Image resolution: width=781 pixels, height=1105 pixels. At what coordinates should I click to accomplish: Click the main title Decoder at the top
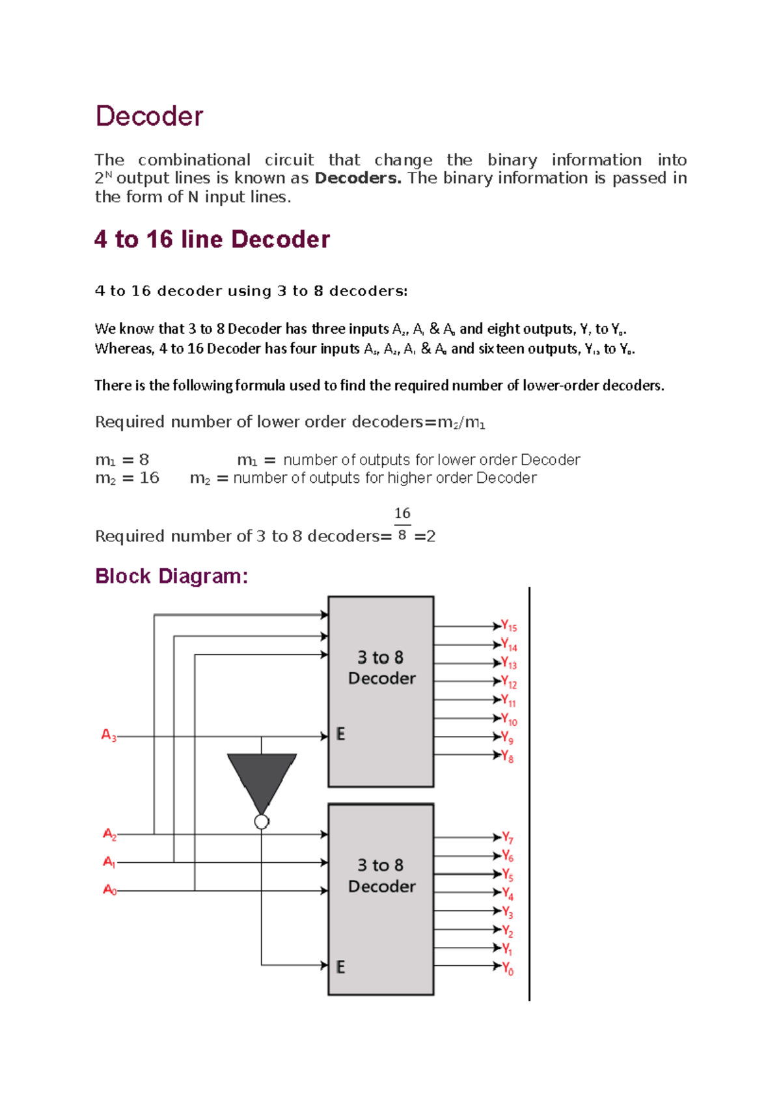(149, 116)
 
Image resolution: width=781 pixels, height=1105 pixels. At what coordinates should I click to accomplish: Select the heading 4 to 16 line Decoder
(212, 239)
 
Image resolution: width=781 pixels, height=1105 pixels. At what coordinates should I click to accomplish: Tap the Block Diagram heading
(171, 576)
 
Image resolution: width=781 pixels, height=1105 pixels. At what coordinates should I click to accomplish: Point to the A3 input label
(109, 735)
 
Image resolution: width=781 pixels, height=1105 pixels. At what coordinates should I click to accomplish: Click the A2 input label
(109, 834)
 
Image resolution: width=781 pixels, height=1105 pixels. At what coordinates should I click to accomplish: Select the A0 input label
(109, 890)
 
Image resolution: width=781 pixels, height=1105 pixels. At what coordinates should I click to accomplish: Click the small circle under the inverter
(262, 822)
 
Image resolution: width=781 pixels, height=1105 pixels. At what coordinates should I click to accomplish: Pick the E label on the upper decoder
(340, 734)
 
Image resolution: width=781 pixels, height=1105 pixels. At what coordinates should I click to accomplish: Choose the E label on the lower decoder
(340, 967)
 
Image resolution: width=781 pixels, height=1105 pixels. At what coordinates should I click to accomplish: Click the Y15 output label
(509, 626)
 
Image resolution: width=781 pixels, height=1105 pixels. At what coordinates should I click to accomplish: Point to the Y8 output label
(508, 756)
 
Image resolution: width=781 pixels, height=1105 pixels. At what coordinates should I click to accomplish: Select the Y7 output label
(508, 838)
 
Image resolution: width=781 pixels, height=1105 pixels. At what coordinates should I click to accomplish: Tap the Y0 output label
(508, 968)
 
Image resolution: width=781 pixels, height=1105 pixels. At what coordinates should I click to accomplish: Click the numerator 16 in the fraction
(402, 513)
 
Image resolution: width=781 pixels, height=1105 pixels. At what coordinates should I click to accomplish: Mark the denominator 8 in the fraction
(402, 535)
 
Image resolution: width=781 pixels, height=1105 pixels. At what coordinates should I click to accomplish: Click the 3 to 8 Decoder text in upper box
(381, 668)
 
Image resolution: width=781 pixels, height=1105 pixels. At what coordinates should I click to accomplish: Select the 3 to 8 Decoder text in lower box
(381, 876)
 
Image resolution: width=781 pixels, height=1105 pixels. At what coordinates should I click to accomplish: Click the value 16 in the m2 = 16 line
(150, 478)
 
